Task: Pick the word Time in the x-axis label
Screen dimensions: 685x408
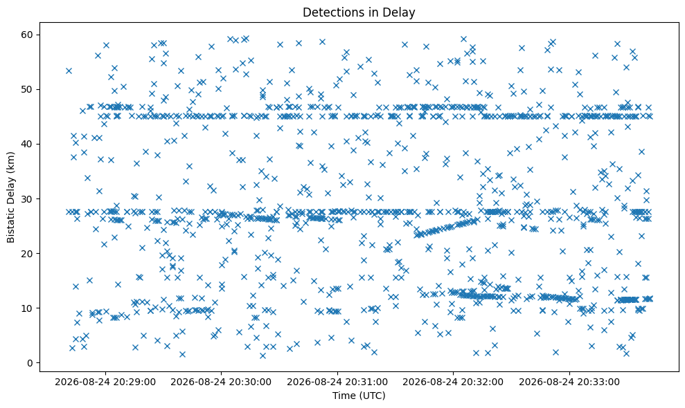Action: click(x=344, y=396)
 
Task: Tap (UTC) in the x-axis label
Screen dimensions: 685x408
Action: click(x=372, y=396)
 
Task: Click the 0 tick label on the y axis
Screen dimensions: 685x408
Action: click(x=30, y=363)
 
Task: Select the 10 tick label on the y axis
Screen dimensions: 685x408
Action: click(x=28, y=308)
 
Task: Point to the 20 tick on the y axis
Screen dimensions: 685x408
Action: click(x=28, y=254)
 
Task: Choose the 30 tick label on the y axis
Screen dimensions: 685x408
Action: click(x=28, y=199)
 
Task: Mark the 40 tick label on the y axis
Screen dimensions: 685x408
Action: click(x=28, y=145)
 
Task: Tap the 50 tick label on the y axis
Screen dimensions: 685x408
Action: click(x=28, y=89)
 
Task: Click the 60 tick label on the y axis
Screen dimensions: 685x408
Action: click(x=28, y=35)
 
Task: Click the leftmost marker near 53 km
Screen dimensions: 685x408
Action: click(x=69, y=71)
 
